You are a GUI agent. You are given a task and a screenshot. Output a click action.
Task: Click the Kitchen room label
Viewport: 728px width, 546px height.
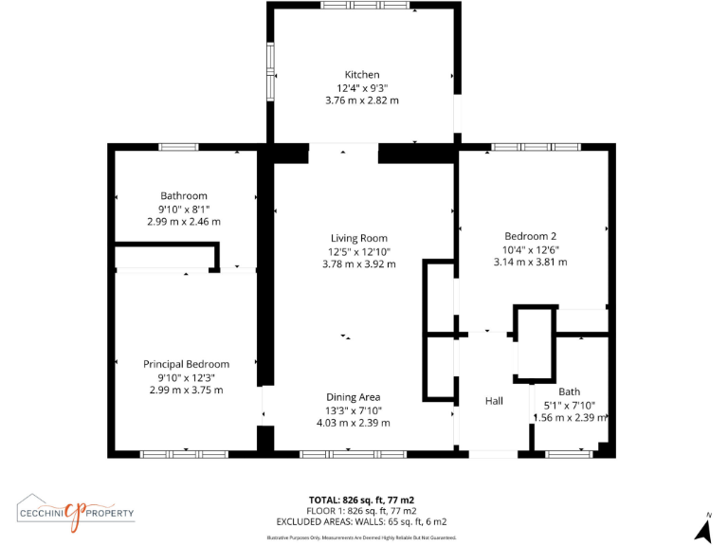(x=362, y=75)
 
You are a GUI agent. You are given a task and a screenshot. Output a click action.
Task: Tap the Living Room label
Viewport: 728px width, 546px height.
(x=358, y=238)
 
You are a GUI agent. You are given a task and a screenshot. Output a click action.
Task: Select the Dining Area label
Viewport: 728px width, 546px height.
(x=354, y=397)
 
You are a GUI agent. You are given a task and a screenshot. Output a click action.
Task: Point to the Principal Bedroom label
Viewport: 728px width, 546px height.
(x=186, y=364)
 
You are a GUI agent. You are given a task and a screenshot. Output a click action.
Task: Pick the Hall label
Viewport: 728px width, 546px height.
(x=494, y=401)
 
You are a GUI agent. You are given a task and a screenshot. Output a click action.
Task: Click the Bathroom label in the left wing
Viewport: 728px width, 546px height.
(x=183, y=196)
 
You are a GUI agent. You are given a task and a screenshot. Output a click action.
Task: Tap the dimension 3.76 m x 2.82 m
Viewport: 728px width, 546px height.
(x=362, y=100)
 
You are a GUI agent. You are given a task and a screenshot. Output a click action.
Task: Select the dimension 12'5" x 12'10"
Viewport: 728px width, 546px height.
(x=358, y=251)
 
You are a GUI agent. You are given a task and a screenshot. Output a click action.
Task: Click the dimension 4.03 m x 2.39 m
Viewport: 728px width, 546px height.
(x=354, y=423)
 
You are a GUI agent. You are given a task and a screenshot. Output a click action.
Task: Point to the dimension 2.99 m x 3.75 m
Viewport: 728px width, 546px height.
(x=186, y=390)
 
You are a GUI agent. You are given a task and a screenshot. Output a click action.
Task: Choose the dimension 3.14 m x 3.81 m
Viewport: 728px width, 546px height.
(x=530, y=262)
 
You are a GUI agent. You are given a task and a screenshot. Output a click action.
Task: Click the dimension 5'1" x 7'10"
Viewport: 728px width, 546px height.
(x=569, y=405)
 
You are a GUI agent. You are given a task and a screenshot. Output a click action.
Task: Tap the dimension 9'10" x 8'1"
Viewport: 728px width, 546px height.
(x=183, y=209)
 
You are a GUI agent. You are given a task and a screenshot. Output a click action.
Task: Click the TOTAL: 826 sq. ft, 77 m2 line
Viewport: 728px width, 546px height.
(x=361, y=500)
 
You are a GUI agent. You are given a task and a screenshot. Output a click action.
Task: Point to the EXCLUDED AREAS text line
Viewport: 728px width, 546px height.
(x=361, y=521)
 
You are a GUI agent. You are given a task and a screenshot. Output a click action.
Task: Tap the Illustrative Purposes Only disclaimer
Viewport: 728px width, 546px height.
(x=361, y=537)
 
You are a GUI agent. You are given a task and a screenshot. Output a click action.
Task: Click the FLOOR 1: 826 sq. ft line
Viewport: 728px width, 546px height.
(x=361, y=510)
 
